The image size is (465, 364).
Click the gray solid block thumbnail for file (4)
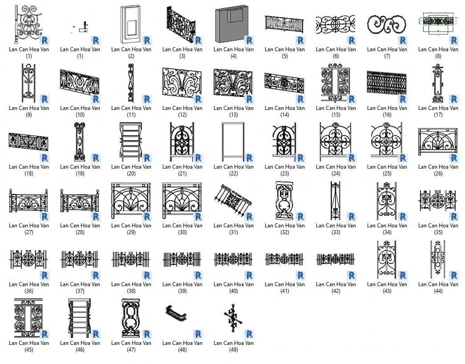[232, 24]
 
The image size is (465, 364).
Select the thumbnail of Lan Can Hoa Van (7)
[387, 25]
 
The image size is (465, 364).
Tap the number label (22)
[233, 174]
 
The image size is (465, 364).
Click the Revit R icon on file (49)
[249, 334]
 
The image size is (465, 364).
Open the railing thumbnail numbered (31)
[233, 201]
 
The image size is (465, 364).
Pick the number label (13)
[233, 115]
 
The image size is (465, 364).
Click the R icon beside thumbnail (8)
[454, 41]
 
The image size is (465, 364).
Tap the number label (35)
[438, 232]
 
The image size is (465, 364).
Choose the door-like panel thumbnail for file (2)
[131, 24]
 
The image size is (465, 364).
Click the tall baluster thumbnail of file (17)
[438, 83]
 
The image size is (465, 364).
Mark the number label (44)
[438, 291]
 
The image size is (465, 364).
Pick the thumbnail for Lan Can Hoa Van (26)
[438, 142]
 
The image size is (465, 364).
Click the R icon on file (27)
[45, 217]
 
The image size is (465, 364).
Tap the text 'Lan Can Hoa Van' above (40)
[233, 284]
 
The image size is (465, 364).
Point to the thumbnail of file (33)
[335, 201]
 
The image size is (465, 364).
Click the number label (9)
[29, 115]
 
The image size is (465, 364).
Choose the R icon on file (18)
[45, 158]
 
